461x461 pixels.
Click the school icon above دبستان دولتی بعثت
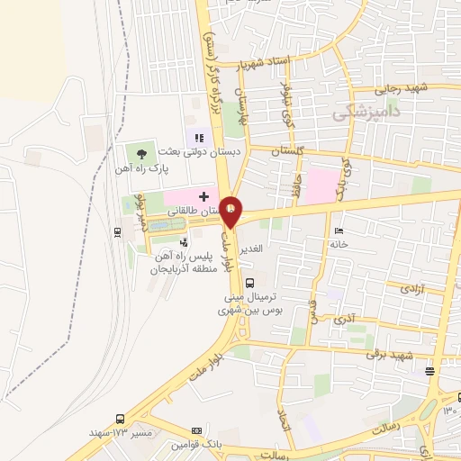(199, 137)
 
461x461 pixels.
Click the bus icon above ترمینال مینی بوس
(236, 282)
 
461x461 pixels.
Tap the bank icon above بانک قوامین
(197, 431)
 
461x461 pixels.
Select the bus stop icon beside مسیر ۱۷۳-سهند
(121, 420)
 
